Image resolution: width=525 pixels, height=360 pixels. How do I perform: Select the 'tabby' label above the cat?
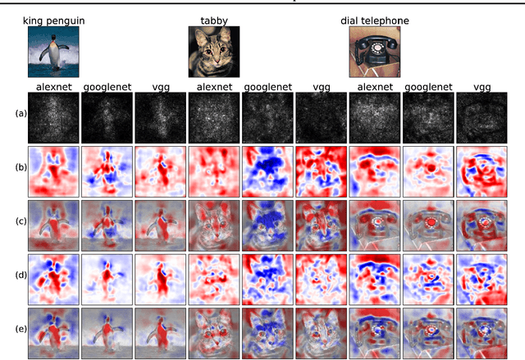coord(214,18)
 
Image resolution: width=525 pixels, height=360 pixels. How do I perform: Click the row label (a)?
coord(20,114)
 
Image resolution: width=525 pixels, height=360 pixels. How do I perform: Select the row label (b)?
coord(20,170)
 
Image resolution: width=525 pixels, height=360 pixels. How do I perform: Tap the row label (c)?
coord(20,223)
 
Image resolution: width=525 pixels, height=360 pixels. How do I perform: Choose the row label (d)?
coord(20,277)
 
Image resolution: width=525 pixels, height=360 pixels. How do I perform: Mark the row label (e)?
coord(20,331)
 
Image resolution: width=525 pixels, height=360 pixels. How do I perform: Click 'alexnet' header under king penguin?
coord(53,85)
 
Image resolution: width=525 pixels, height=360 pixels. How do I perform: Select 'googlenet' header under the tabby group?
coord(267,85)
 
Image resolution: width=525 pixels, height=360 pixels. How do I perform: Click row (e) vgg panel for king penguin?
coord(161,331)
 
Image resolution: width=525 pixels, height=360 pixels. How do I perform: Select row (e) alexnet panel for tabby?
coord(214,331)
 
